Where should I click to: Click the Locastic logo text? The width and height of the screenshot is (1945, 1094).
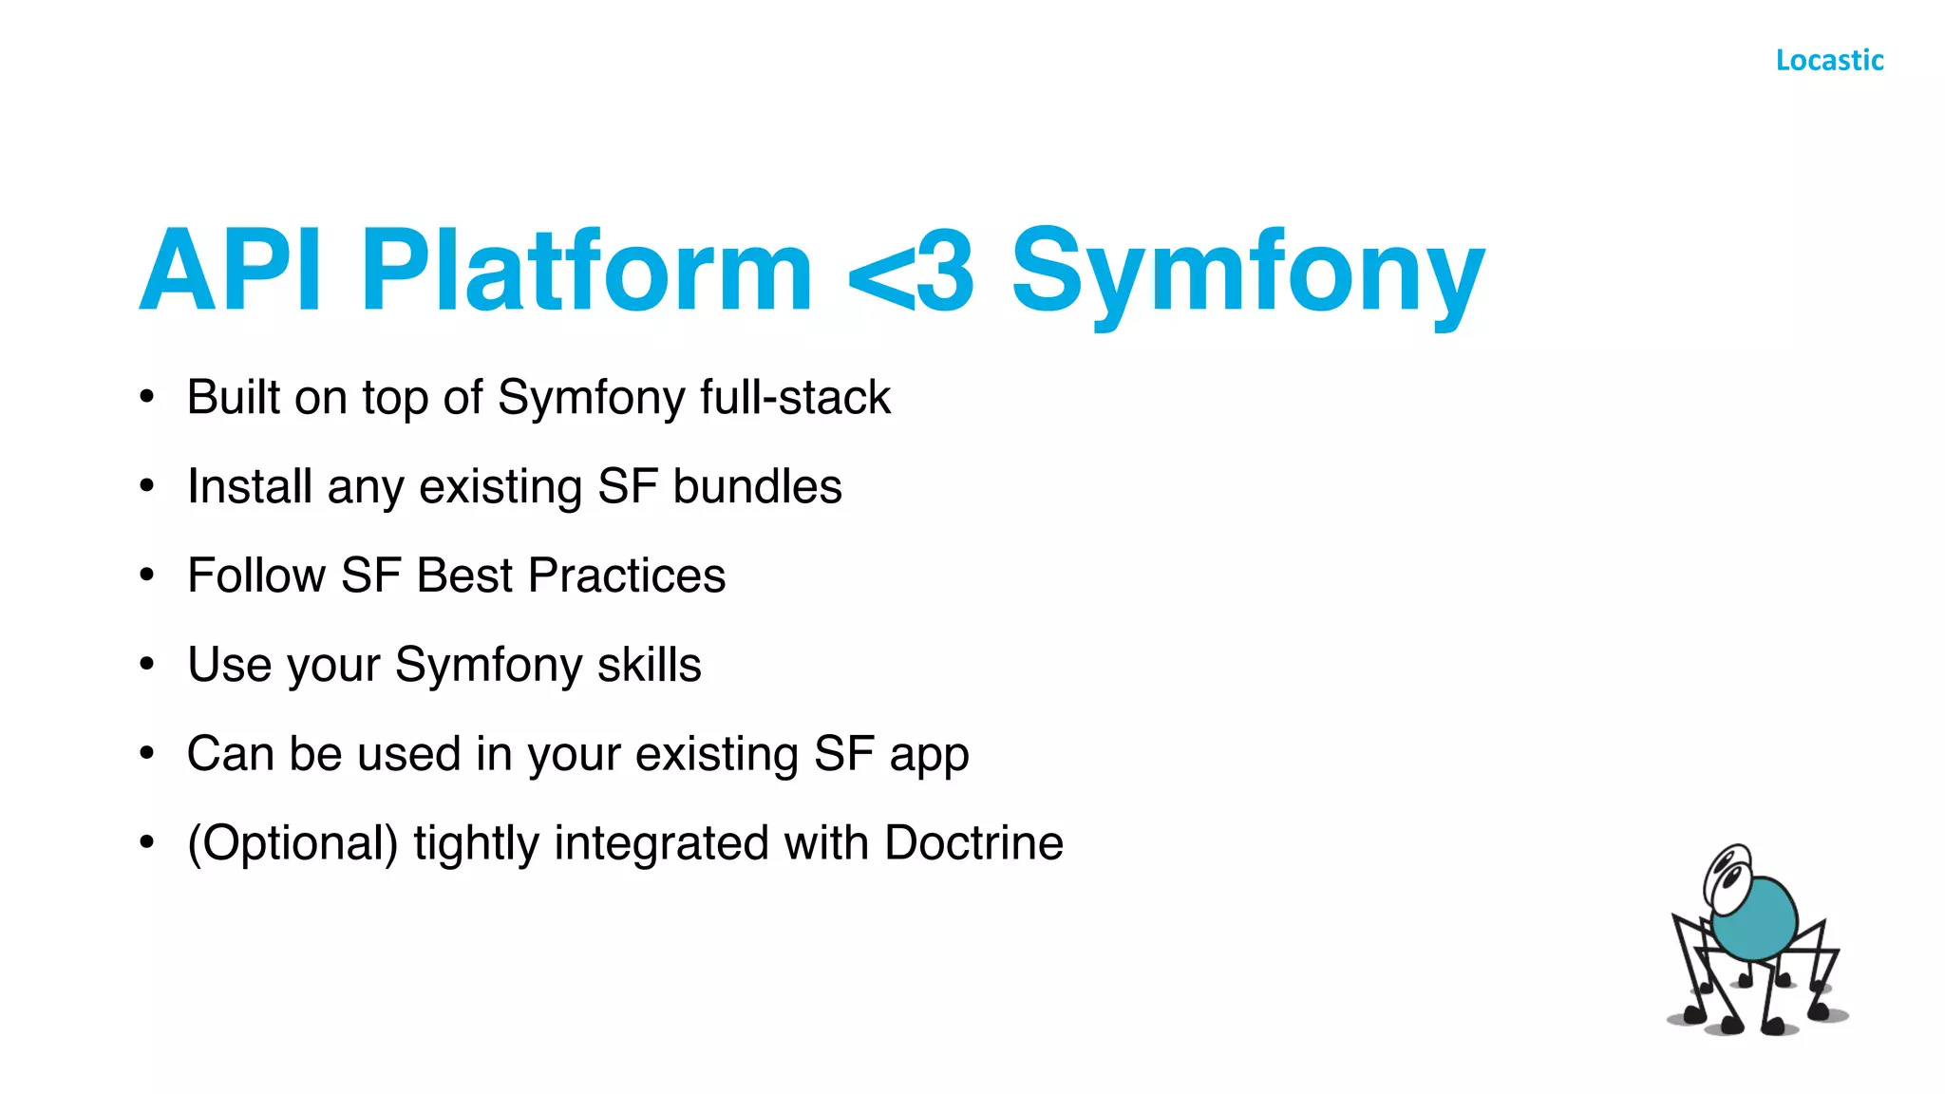(x=1829, y=60)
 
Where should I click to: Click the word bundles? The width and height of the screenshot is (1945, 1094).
(x=757, y=486)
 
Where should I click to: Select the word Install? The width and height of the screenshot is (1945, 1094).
(x=250, y=486)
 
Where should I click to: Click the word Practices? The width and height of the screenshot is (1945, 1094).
(x=627, y=575)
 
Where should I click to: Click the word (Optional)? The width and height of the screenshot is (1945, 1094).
(x=293, y=843)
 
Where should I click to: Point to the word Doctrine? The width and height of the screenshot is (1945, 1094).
(x=973, y=843)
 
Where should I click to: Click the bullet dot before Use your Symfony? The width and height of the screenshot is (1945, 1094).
(x=146, y=664)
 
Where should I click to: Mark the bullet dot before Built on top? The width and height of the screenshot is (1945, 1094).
(x=146, y=397)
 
